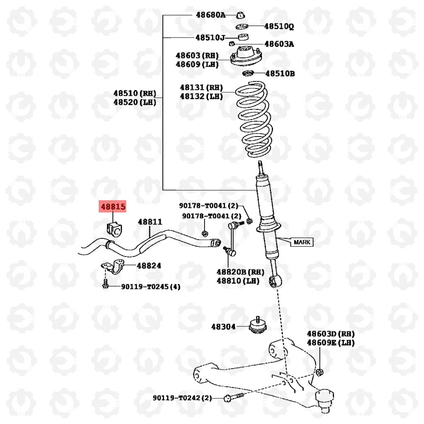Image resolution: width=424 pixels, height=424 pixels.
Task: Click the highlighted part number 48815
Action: click(x=113, y=207)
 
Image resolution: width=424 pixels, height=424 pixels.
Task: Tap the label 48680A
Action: click(x=210, y=15)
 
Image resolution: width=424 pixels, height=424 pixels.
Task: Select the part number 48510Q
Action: click(x=279, y=26)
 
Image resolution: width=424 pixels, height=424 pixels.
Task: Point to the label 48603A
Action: click(x=279, y=44)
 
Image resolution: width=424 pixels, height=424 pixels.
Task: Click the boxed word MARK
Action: click(x=302, y=242)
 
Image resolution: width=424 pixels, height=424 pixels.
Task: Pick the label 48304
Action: click(x=223, y=326)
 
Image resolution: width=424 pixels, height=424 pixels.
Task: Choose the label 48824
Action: click(x=149, y=266)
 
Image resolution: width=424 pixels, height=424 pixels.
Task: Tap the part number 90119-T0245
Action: click(x=145, y=287)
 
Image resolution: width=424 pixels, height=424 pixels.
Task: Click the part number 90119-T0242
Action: click(x=177, y=398)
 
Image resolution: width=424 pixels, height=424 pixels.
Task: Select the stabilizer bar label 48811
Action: click(x=150, y=222)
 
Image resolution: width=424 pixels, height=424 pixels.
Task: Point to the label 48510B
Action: click(x=280, y=73)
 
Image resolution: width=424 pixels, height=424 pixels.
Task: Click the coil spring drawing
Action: click(x=254, y=120)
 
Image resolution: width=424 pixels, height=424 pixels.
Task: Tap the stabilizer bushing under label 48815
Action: click(x=113, y=229)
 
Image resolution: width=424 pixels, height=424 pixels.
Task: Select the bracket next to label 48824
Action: click(x=113, y=266)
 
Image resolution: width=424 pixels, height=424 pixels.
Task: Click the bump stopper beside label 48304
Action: click(x=258, y=325)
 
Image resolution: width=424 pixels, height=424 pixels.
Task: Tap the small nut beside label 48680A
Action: click(x=240, y=15)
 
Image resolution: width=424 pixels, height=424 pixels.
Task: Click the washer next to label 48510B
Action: click(x=248, y=73)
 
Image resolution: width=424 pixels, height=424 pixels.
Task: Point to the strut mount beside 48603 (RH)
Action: click(x=246, y=56)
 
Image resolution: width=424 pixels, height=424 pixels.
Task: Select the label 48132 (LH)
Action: click(x=201, y=97)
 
